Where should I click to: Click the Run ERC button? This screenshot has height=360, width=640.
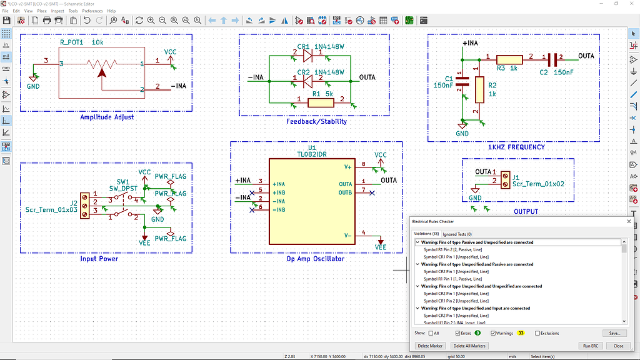click(590, 346)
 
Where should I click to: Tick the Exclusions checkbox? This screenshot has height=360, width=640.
click(537, 333)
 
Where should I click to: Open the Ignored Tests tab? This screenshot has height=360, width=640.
click(457, 234)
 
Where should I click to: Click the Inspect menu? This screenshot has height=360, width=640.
click(57, 11)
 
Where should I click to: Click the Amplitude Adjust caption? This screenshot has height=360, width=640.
click(107, 117)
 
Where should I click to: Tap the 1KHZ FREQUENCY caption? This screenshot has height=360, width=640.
click(516, 147)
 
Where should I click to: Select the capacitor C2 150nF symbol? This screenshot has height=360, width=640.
click(552, 60)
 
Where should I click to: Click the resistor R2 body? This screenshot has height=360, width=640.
click(479, 89)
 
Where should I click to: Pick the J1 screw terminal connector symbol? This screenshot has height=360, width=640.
click(506, 177)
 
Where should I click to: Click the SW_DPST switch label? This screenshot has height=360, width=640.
click(123, 188)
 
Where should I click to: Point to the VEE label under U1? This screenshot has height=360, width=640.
click(381, 247)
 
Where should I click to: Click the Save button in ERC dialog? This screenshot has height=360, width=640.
click(614, 333)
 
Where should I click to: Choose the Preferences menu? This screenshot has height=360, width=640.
click(92, 11)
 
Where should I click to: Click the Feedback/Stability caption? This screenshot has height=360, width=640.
click(316, 121)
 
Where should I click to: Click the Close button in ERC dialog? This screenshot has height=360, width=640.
click(618, 346)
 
